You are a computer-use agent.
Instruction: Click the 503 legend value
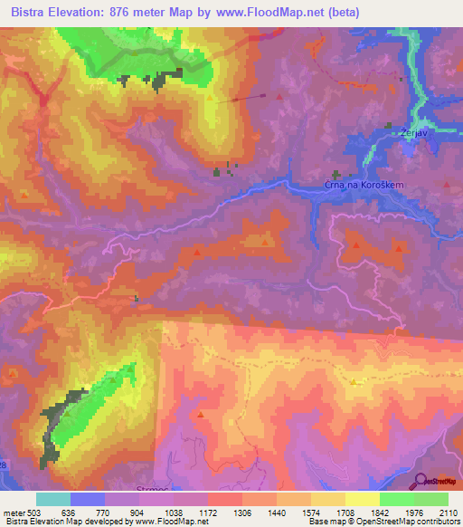pos(37,512)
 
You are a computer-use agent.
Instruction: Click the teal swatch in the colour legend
pos(53,499)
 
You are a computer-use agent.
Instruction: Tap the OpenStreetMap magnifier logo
pos(421,481)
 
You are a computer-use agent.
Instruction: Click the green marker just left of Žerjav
pos(390,126)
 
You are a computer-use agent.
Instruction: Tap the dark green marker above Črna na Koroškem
pos(343,174)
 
